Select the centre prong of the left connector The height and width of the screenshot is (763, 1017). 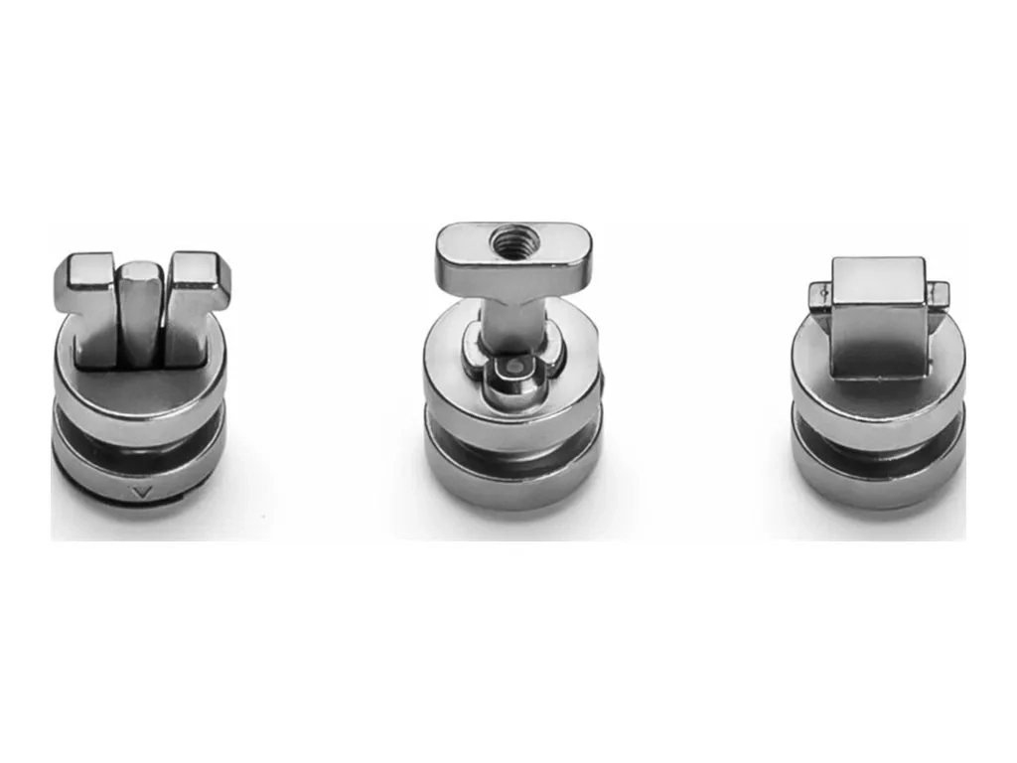point(140,308)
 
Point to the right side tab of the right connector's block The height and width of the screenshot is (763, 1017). point(939,293)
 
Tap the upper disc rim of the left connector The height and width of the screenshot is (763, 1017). point(140,407)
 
